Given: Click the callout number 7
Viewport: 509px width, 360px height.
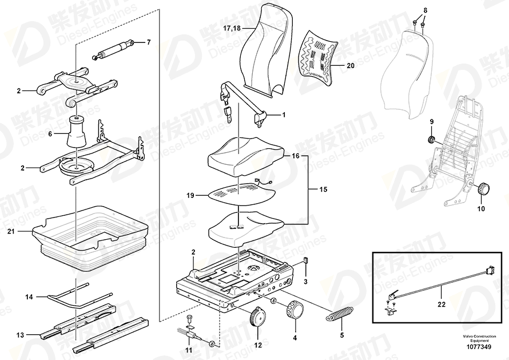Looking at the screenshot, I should (148, 42).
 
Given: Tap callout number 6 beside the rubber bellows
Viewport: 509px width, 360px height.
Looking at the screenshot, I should (50, 134).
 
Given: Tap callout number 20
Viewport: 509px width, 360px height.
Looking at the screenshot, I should (351, 66).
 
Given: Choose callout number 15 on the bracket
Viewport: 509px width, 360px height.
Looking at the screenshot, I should (324, 188).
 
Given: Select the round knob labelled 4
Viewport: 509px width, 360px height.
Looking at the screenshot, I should (295, 310).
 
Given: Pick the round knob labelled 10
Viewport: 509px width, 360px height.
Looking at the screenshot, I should (485, 188).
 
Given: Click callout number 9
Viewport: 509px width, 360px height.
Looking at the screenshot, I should (432, 121).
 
